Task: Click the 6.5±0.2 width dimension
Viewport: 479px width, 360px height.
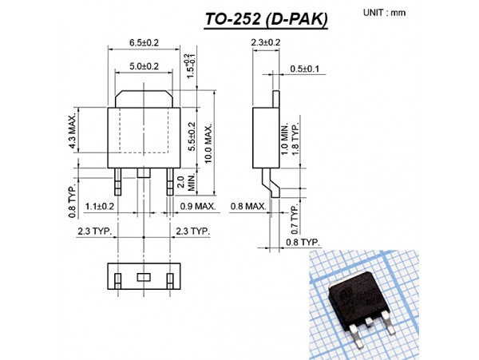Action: [143, 42]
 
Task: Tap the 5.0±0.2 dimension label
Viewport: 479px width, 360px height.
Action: [143, 66]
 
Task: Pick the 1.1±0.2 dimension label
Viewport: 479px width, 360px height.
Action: [101, 206]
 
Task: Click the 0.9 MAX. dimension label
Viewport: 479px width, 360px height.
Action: [197, 206]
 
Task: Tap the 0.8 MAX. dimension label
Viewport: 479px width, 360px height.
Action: [248, 206]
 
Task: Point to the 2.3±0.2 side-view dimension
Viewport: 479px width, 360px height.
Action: [265, 42]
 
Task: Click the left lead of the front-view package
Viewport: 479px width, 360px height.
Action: [117, 181]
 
